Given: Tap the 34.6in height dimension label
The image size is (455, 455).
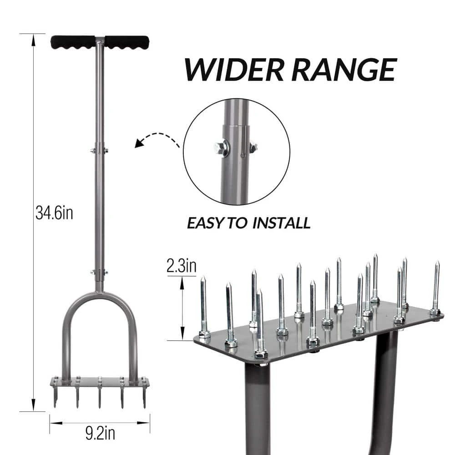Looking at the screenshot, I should tap(54, 212).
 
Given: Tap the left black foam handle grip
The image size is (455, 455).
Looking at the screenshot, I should tap(73, 42).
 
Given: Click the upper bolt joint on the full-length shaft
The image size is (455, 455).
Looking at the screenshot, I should tap(99, 150).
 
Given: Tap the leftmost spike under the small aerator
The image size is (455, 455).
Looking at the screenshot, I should tap(56, 395).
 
